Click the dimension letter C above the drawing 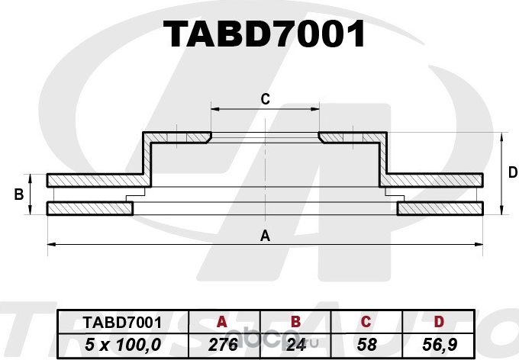click(x=265, y=98)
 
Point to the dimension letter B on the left click(x=19, y=195)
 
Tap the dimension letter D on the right click(x=512, y=173)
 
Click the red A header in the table click(x=222, y=323)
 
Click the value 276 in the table click(x=222, y=344)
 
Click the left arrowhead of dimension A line click(x=50, y=244)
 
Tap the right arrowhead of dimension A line click(x=480, y=244)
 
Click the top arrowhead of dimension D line click(x=501, y=136)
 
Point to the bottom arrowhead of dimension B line click(x=31, y=212)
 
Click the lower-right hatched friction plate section click(x=441, y=208)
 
